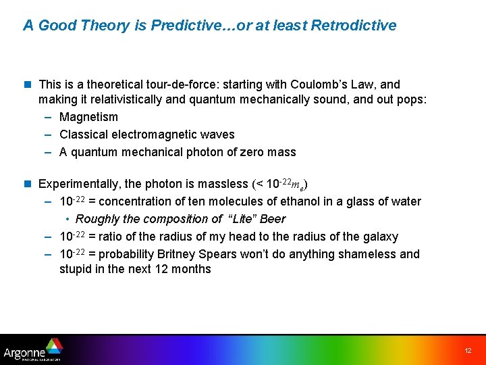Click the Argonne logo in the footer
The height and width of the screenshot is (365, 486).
(x=32, y=350)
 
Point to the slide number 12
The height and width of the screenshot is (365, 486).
(x=468, y=351)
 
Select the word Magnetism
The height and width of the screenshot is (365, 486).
(x=88, y=118)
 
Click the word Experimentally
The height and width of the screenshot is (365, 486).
(x=80, y=184)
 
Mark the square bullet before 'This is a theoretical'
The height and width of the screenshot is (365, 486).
(x=28, y=85)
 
